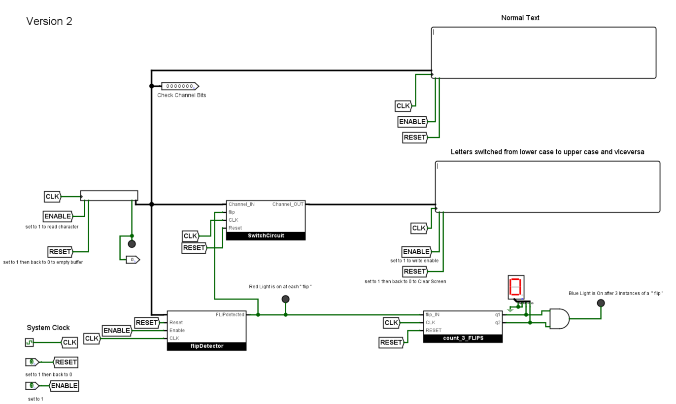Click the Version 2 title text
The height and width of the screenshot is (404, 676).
(49, 21)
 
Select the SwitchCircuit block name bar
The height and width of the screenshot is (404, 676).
(266, 236)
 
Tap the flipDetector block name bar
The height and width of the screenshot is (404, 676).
(206, 346)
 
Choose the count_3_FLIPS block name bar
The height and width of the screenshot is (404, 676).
(463, 338)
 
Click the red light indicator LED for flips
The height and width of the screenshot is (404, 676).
(285, 299)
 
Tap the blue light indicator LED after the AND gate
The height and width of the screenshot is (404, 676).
(601, 303)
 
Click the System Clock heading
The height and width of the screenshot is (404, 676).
(48, 328)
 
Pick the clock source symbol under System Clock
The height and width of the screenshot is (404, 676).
(30, 342)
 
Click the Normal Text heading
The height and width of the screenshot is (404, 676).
(520, 18)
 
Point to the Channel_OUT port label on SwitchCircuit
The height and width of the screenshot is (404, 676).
(288, 204)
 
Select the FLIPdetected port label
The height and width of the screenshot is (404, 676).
(230, 314)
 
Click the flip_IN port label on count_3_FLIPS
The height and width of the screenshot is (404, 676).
(433, 314)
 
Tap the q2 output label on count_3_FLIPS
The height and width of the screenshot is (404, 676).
(497, 323)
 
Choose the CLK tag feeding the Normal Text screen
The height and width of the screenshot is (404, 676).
(403, 106)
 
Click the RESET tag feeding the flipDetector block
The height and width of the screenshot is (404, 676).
(147, 323)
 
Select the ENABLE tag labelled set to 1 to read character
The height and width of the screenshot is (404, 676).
(58, 216)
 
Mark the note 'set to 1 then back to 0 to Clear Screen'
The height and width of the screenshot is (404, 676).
(405, 282)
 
